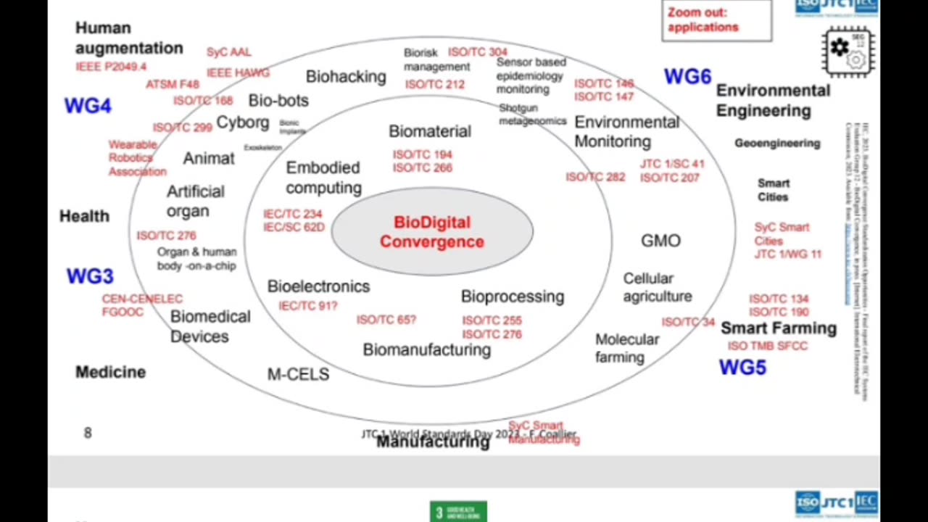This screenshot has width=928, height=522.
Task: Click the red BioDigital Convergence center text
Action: (x=432, y=232)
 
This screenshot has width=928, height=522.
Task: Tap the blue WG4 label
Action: (x=88, y=106)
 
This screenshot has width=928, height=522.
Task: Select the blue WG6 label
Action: (x=687, y=76)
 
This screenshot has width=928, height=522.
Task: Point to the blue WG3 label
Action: (x=90, y=276)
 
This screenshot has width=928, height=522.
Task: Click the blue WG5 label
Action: (x=742, y=368)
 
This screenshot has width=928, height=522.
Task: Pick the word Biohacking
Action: (x=346, y=76)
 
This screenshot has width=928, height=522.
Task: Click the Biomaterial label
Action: (x=430, y=131)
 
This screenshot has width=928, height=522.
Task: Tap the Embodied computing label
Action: (x=323, y=178)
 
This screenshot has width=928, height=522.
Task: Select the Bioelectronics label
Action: (x=318, y=286)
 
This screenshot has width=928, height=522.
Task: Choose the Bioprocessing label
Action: (x=513, y=297)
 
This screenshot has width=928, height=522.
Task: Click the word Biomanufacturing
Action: (x=426, y=349)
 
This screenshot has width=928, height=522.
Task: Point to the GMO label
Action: (x=660, y=241)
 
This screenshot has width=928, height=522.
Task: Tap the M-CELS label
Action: (x=298, y=374)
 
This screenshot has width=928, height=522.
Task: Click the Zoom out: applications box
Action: (x=716, y=20)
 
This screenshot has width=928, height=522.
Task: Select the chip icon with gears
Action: (x=848, y=51)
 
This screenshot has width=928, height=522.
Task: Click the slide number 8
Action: (x=88, y=433)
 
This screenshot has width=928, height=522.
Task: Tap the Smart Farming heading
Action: (x=779, y=328)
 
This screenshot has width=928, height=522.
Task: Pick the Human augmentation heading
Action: (x=129, y=38)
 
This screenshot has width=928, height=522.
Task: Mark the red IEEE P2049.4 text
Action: (x=111, y=67)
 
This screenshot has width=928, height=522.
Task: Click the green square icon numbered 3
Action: (x=458, y=512)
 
